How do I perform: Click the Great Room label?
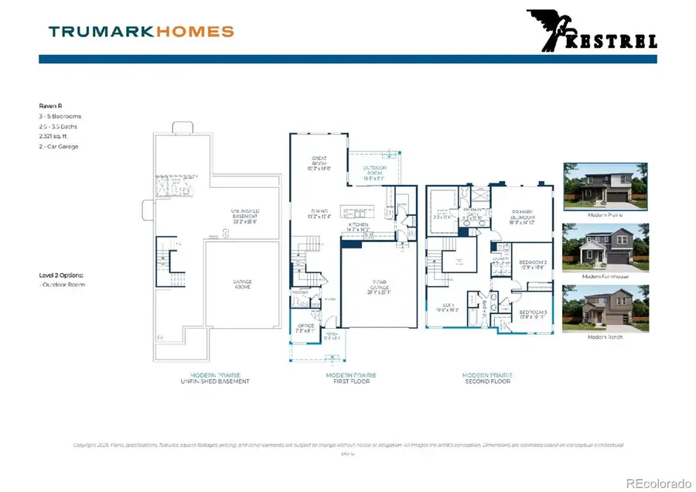(319, 162)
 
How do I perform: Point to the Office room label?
(305, 329)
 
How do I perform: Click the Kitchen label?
(357, 227)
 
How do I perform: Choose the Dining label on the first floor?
(319, 214)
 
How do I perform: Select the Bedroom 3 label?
(533, 313)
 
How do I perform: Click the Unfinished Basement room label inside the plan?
(245, 214)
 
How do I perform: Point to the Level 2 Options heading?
(61, 275)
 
